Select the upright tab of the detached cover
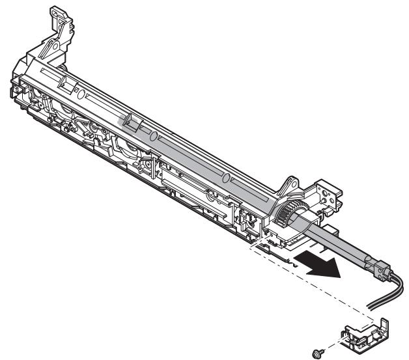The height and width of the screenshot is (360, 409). coord(382,323)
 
